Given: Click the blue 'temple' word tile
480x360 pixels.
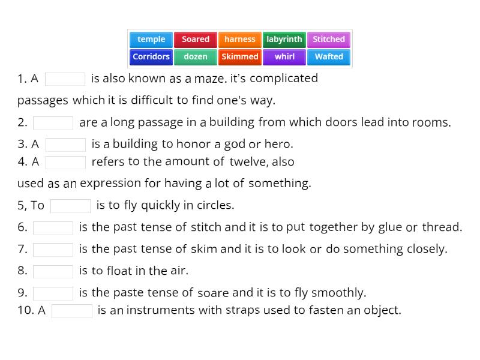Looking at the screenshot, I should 151,40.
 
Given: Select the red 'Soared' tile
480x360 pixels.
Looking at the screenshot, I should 196,40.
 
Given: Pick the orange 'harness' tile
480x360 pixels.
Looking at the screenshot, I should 240,40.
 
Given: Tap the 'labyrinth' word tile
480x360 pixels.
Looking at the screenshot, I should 284,40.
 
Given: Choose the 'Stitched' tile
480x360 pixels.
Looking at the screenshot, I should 329,40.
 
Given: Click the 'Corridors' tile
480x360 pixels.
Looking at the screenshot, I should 151,57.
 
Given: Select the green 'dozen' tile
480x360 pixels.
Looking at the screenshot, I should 196,57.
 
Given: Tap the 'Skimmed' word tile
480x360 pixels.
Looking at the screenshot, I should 240,57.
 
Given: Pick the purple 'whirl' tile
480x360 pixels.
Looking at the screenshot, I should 284,57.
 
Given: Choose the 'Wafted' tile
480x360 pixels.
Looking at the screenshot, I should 329,57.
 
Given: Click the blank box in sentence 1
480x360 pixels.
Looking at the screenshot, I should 65,79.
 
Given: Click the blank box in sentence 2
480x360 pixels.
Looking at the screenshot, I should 53,123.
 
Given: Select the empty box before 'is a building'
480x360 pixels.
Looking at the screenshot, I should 66,145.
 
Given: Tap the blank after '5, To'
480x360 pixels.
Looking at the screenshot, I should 71,206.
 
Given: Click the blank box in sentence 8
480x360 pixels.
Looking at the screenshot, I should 53,271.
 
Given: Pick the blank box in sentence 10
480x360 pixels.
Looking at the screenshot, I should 72,311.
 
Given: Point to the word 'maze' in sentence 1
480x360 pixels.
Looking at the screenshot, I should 209,79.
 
